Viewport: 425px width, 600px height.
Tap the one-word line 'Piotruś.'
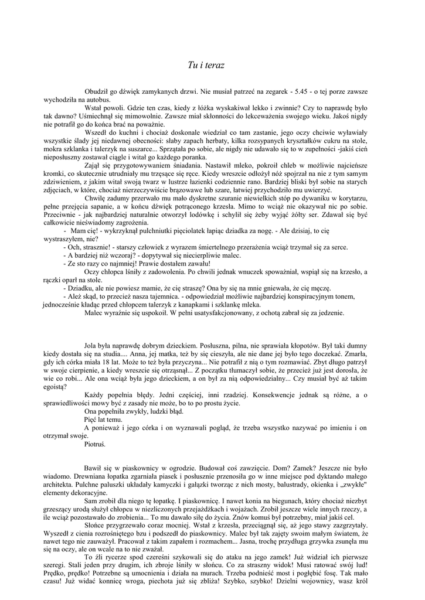95,444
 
